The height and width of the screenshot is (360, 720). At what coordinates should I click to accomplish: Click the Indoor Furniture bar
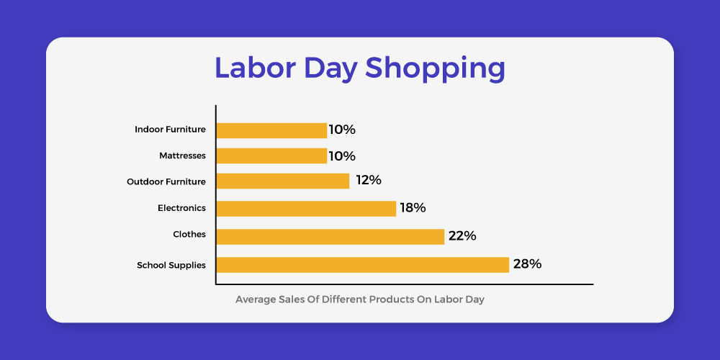coord(271,130)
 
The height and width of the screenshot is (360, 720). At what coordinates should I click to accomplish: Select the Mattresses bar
coord(271,156)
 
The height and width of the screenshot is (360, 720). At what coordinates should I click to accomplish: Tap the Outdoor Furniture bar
coord(283,181)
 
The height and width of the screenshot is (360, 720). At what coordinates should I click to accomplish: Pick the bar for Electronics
coord(306,209)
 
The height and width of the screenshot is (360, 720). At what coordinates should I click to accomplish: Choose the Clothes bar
coord(330,236)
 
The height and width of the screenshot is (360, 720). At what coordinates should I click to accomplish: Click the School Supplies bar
coord(363,264)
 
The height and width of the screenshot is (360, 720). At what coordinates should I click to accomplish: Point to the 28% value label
coord(528,264)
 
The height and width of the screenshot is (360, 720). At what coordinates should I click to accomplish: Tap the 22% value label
coord(462,236)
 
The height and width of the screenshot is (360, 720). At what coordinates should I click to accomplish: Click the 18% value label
coord(413,208)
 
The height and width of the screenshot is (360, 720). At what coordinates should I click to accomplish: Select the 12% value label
coord(369,180)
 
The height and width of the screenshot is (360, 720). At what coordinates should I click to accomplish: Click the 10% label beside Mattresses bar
coord(342,156)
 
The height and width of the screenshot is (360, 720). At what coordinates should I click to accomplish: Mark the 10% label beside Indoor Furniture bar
coord(342,130)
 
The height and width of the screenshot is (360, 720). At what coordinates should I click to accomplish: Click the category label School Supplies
coord(171,266)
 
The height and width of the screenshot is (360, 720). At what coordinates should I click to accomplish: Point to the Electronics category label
coord(182,208)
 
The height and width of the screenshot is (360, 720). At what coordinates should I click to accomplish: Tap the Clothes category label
coord(189,234)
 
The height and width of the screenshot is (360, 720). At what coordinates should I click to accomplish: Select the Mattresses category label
coord(182,156)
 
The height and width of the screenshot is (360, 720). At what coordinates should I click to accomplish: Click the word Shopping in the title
coord(436,69)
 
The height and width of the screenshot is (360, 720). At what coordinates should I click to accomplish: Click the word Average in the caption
coord(256,300)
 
